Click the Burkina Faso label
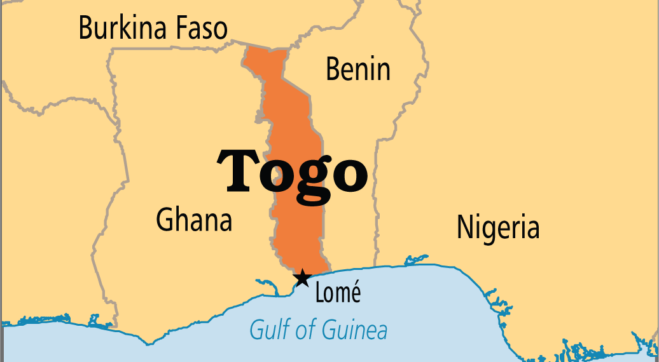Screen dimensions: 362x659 pyautogui.click(x=153, y=29)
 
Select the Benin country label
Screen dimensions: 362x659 pyautogui.click(x=357, y=69)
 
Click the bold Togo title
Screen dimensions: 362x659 pyautogui.click(x=293, y=170)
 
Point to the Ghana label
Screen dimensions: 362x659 pyautogui.click(x=194, y=220)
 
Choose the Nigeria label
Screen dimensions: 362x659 pyautogui.click(x=497, y=227)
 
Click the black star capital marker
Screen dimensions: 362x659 pyautogui.click(x=302, y=278)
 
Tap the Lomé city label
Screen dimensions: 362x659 pyautogui.click(x=338, y=293)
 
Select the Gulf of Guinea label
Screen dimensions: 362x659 pyautogui.click(x=318, y=330)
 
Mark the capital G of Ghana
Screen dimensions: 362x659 pyautogui.click(x=164, y=220)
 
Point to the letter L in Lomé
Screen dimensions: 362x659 pyautogui.click(x=319, y=293)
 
